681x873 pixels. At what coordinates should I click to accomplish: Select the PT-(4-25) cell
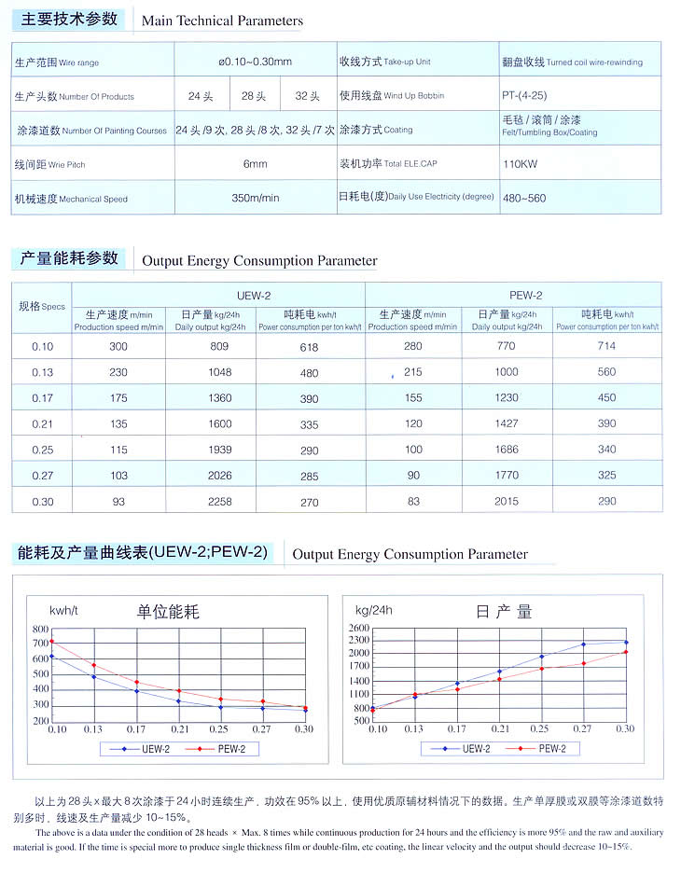(523, 96)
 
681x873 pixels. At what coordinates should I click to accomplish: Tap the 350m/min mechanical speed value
(255, 198)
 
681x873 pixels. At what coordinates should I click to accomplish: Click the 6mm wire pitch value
(255, 164)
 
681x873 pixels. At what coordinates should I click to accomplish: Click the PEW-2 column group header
(526, 295)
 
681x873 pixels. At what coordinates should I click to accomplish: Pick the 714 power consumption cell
(606, 346)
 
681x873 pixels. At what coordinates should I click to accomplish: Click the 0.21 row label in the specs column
(43, 423)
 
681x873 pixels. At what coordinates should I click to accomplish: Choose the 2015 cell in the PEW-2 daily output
(507, 502)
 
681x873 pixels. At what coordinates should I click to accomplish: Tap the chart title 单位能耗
(169, 612)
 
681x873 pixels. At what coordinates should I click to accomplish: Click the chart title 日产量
(504, 612)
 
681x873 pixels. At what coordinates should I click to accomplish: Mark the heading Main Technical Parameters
(222, 21)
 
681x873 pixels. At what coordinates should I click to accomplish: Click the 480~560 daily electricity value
(523, 198)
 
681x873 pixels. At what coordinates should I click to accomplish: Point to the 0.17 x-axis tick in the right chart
(457, 728)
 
